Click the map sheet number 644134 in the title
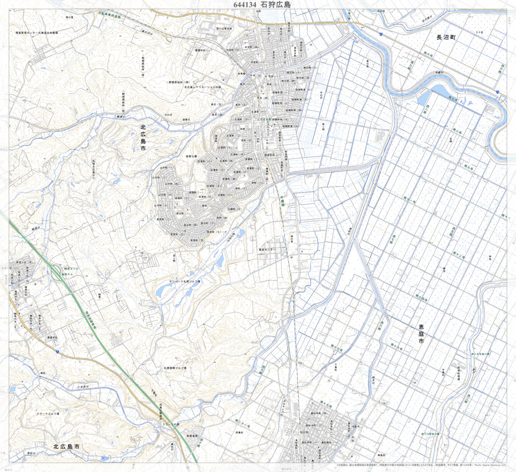[x=245, y=5]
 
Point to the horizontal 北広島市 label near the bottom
[x=67, y=447]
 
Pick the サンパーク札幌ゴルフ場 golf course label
[x=185, y=281]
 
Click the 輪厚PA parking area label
[x=68, y=274]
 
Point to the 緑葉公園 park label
[x=191, y=156]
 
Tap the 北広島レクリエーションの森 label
[x=203, y=87]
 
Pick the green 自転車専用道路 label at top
[x=109, y=16]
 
